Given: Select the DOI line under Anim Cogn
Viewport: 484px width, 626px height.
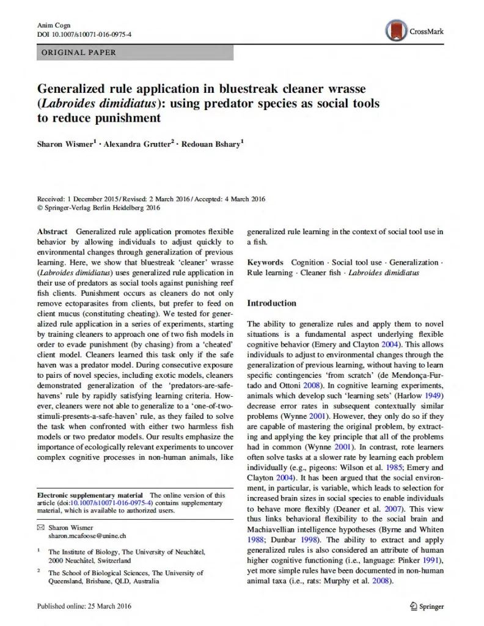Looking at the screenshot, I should click(x=84, y=34).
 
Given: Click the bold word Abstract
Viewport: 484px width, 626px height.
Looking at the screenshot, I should click(x=53, y=232).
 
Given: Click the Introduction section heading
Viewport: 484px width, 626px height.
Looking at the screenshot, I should click(x=271, y=303).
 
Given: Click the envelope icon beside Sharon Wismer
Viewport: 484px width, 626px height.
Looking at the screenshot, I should click(x=41, y=526).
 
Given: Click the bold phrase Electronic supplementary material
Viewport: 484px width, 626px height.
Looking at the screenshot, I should click(x=90, y=495).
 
